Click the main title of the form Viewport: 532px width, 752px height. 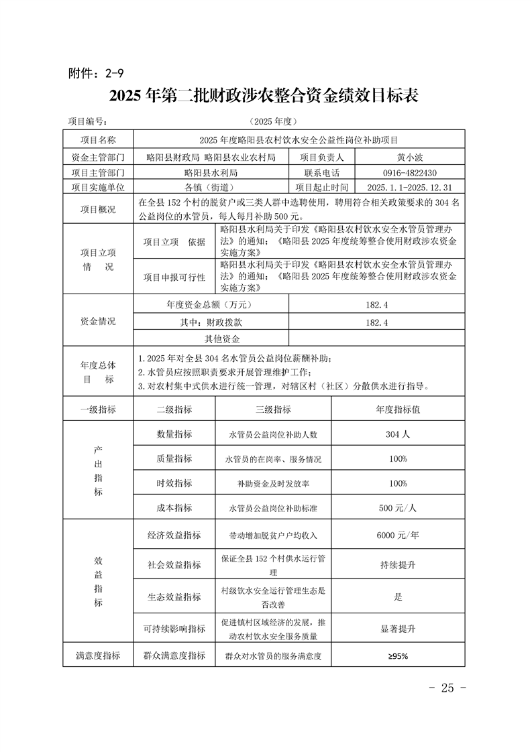coord(266,96)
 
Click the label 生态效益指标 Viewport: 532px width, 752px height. coord(174,597)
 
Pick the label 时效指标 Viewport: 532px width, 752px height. coord(174,483)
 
